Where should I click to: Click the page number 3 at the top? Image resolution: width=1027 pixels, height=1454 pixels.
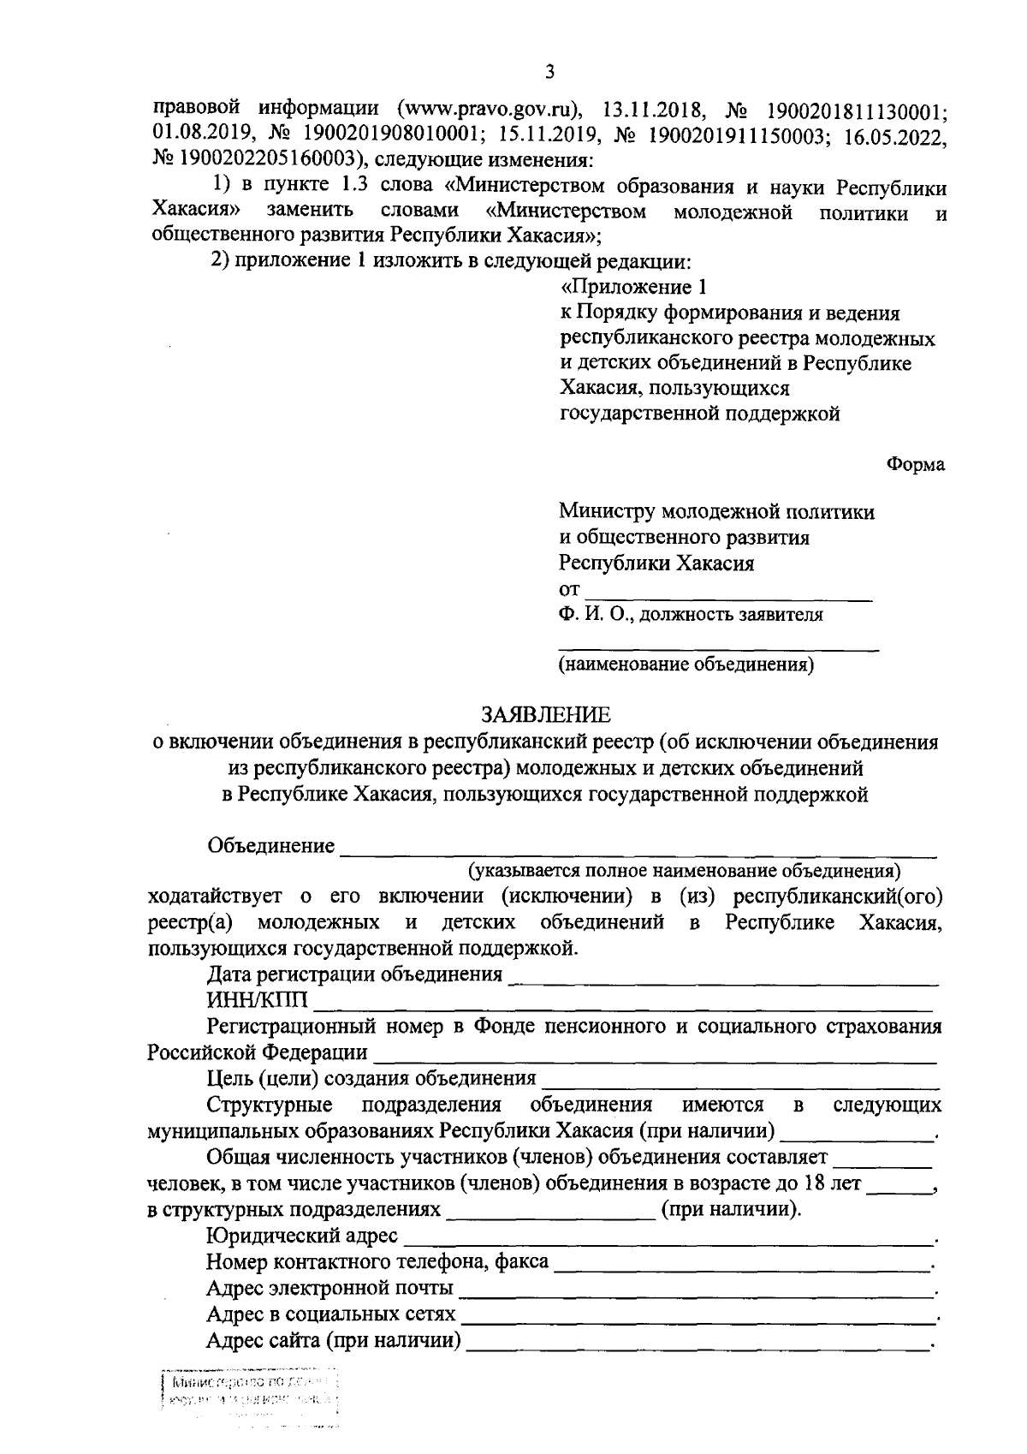tap(549, 72)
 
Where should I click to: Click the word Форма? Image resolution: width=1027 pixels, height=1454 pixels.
tap(916, 464)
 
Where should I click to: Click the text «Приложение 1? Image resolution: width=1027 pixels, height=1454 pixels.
tap(634, 287)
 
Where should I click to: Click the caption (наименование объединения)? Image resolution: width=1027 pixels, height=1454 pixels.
tap(686, 664)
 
